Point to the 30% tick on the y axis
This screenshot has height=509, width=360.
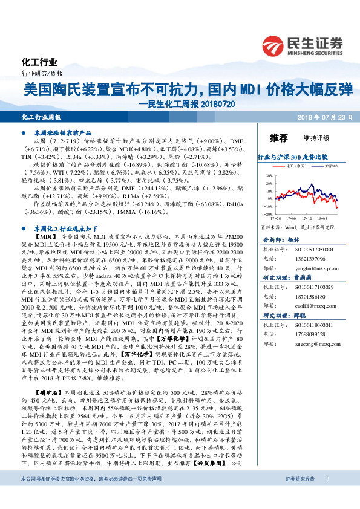(x=267, y=175)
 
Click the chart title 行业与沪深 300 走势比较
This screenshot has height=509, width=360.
(x=289, y=157)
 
